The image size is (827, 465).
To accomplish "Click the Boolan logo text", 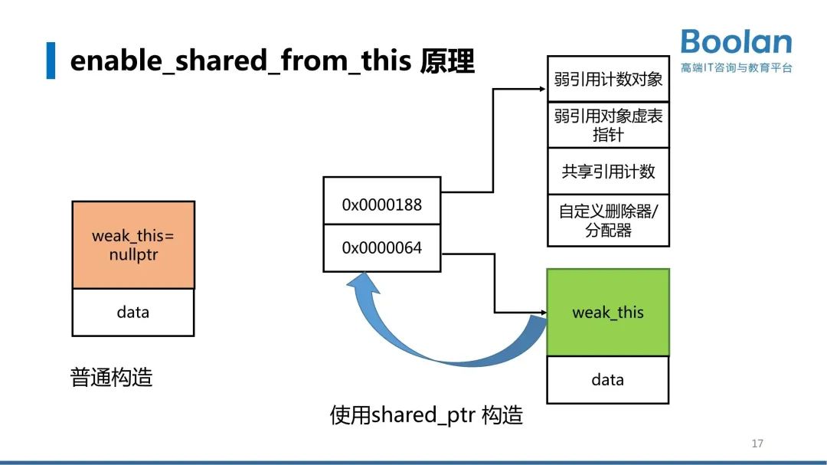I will [x=736, y=42].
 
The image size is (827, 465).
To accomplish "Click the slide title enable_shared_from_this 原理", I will [x=272, y=61].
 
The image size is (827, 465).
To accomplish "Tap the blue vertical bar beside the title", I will [x=51, y=61].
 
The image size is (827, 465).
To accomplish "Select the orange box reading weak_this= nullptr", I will [x=133, y=244].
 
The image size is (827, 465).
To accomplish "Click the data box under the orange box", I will [x=133, y=312].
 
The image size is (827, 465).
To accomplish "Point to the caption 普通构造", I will [x=112, y=377].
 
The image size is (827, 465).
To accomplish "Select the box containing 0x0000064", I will [x=381, y=248].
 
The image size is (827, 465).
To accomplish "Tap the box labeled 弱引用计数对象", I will [x=608, y=79].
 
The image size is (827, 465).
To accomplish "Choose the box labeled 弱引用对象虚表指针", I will [x=608, y=125].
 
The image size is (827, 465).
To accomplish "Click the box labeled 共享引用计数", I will [x=608, y=171].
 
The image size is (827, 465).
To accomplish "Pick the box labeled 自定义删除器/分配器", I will [x=608, y=220].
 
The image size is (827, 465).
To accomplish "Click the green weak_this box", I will [x=608, y=312].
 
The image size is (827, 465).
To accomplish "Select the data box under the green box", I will [x=607, y=379].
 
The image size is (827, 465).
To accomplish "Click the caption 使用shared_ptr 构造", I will [x=427, y=414].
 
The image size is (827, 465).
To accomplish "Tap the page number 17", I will [x=757, y=444].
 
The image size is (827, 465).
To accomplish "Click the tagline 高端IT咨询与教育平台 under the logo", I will [x=736, y=67].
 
